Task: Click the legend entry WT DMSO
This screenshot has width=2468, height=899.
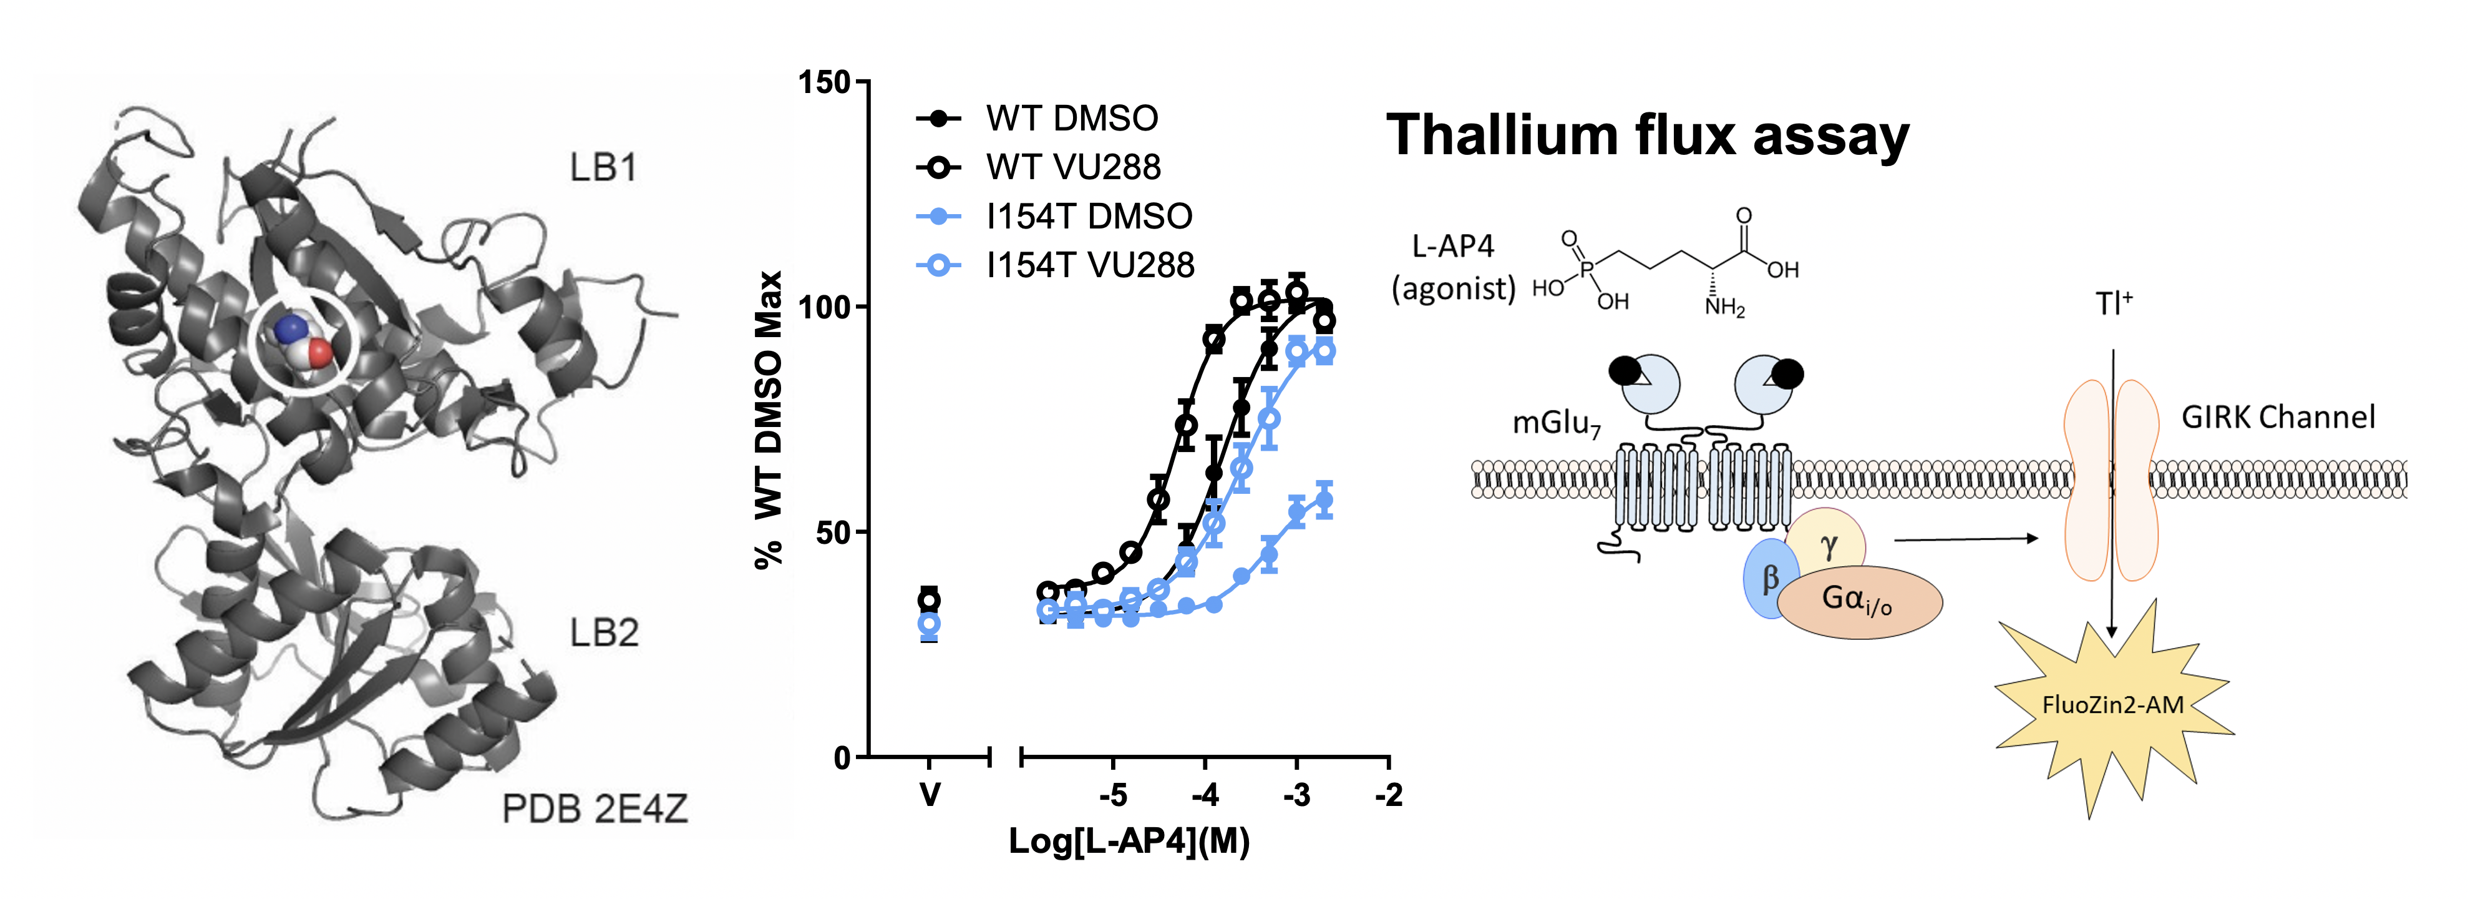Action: coord(1071,119)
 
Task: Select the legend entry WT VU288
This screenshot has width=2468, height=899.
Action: coord(1073,168)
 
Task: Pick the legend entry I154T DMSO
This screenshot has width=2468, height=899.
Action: coord(1089,217)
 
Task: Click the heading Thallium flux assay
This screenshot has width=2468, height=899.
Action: coord(1647,134)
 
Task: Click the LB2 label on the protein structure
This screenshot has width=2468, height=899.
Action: coord(604,632)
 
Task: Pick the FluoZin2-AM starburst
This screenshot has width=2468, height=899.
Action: coord(2112,706)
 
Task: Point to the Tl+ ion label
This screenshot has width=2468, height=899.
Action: coord(2112,304)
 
